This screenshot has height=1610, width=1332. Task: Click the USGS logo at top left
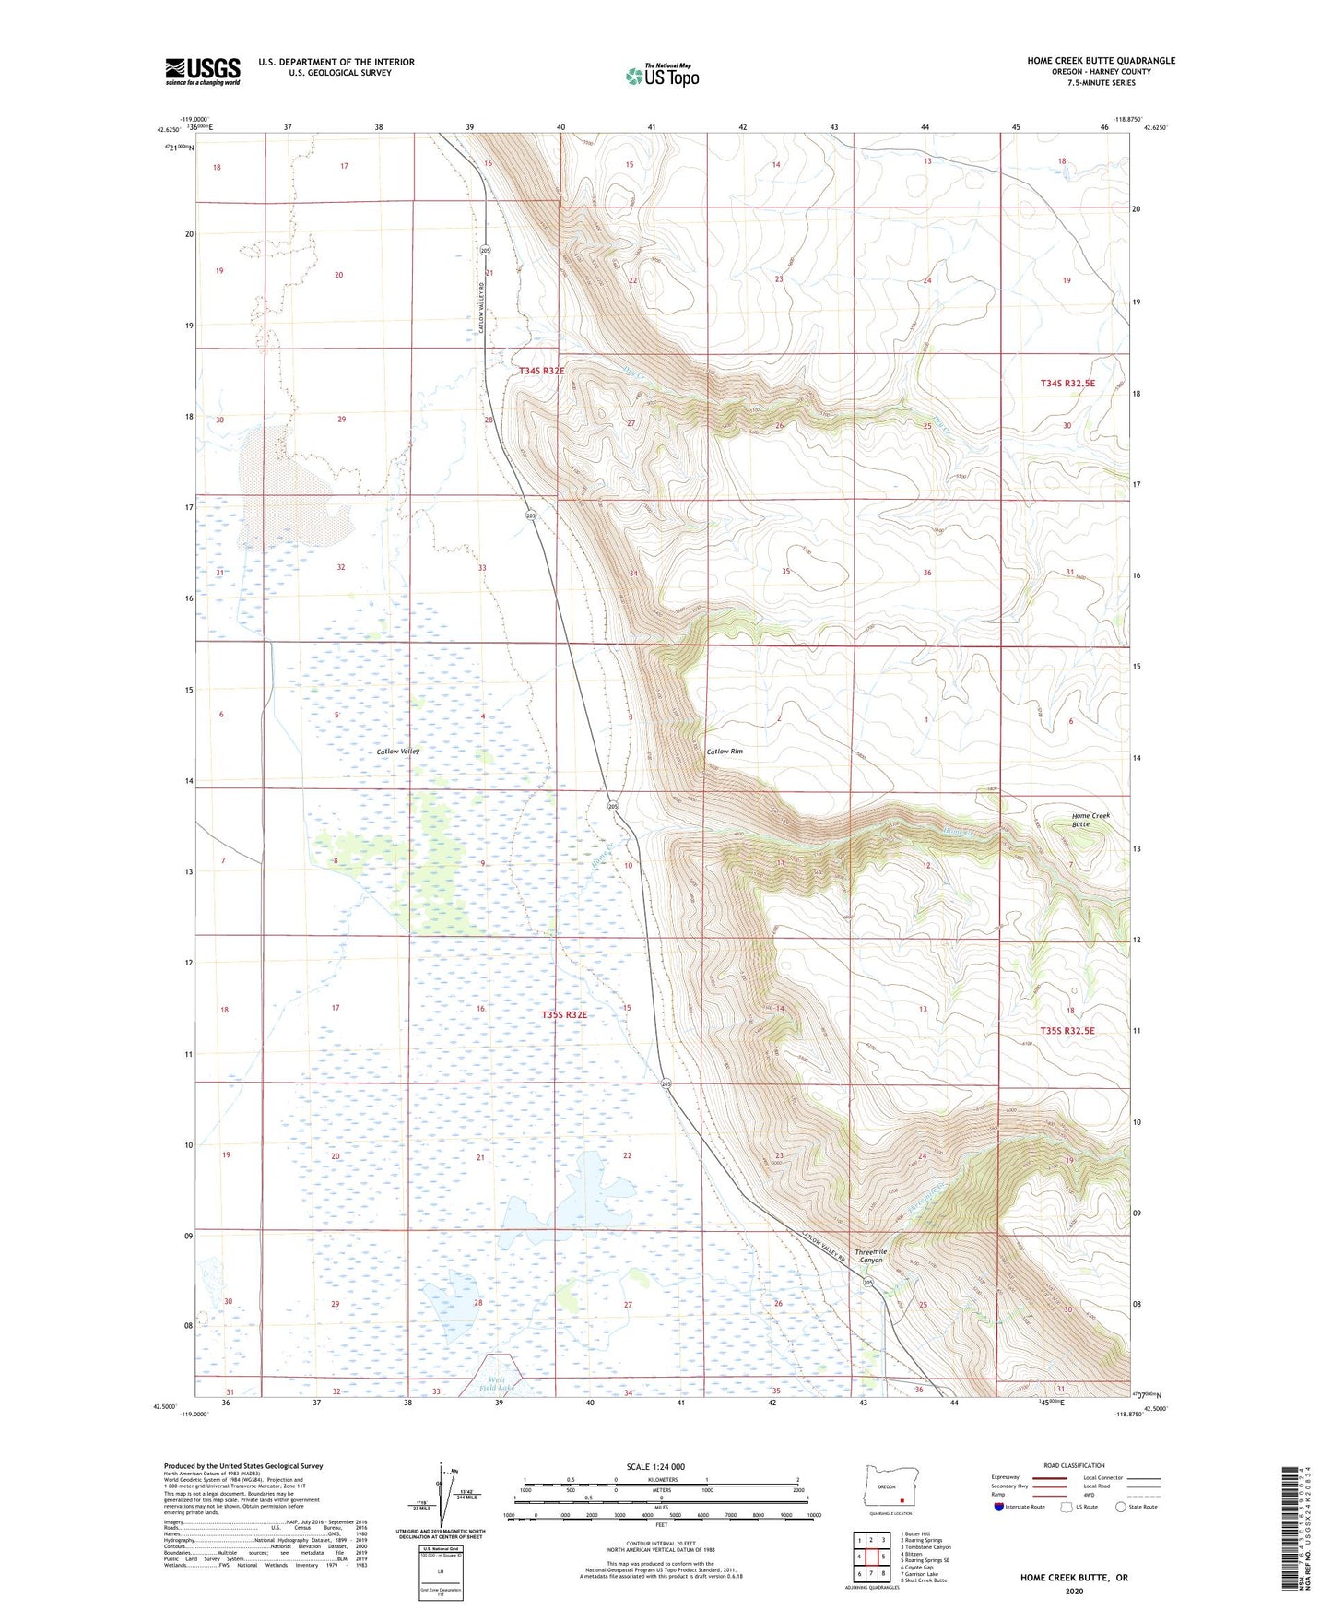(x=203, y=70)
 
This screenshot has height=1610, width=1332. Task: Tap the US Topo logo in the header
(x=662, y=76)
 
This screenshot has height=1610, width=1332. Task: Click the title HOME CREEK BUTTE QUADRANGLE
(x=1101, y=61)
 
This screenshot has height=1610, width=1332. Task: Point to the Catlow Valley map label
(x=398, y=752)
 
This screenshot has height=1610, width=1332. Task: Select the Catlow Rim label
(x=725, y=752)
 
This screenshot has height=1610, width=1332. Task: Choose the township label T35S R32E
(x=565, y=1014)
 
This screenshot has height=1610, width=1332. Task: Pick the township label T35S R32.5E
(x=1067, y=1031)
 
